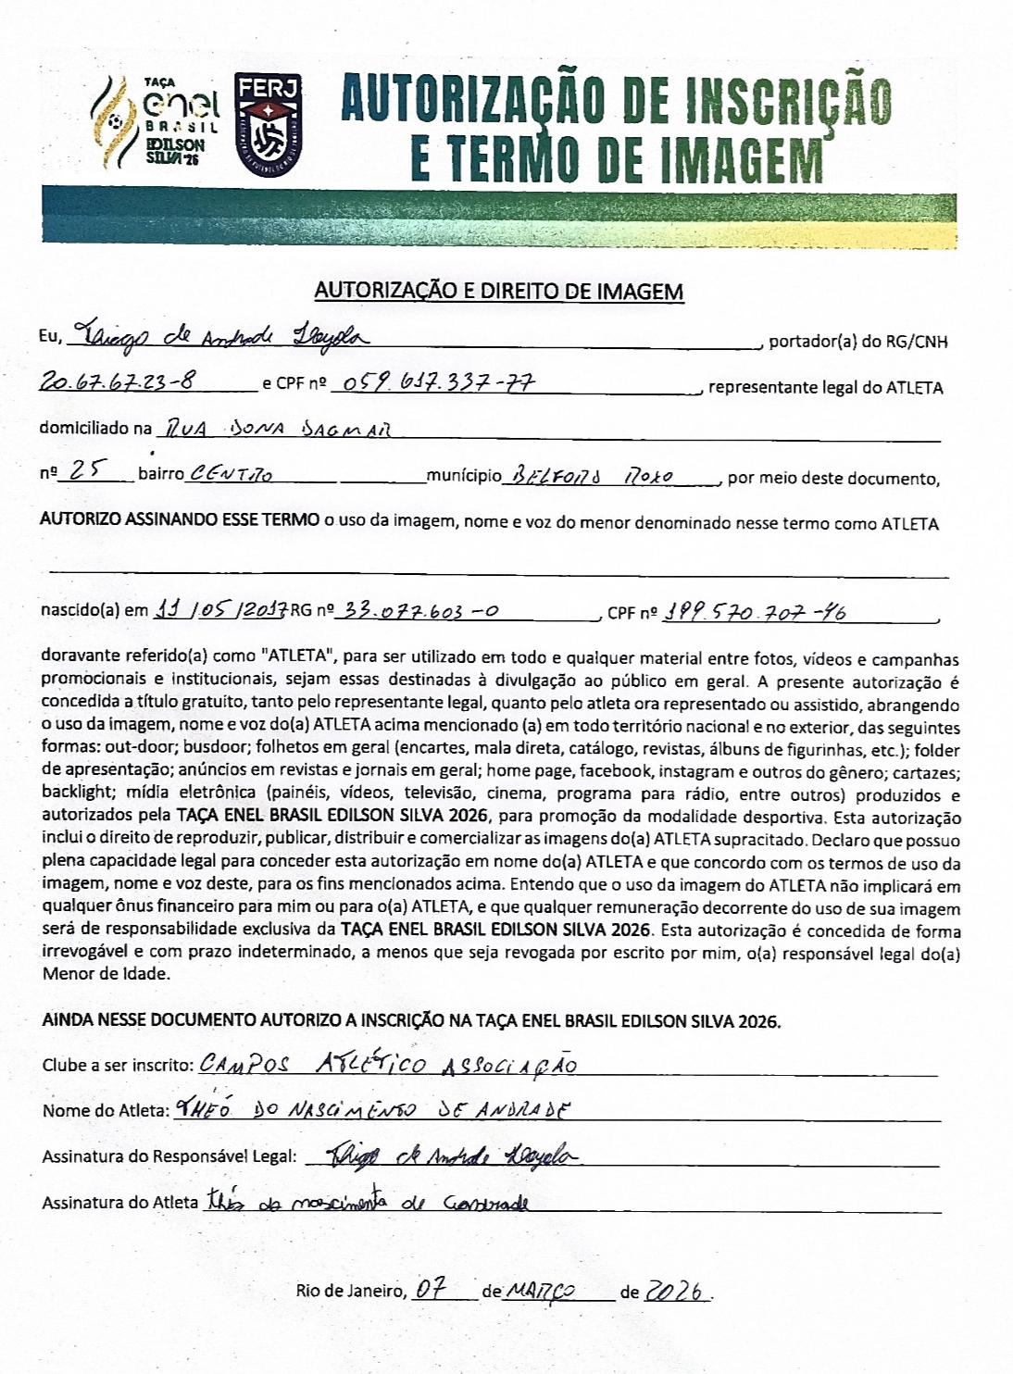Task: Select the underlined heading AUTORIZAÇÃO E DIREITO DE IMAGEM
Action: [x=499, y=292]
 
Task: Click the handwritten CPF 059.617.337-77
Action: [x=443, y=382]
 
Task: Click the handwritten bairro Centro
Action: [x=231, y=475]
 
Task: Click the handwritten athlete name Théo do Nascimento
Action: [x=371, y=1109]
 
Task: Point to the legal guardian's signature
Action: [x=441, y=1155]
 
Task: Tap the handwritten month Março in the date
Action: [x=542, y=1291]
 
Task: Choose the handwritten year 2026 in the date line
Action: [x=677, y=1291]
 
